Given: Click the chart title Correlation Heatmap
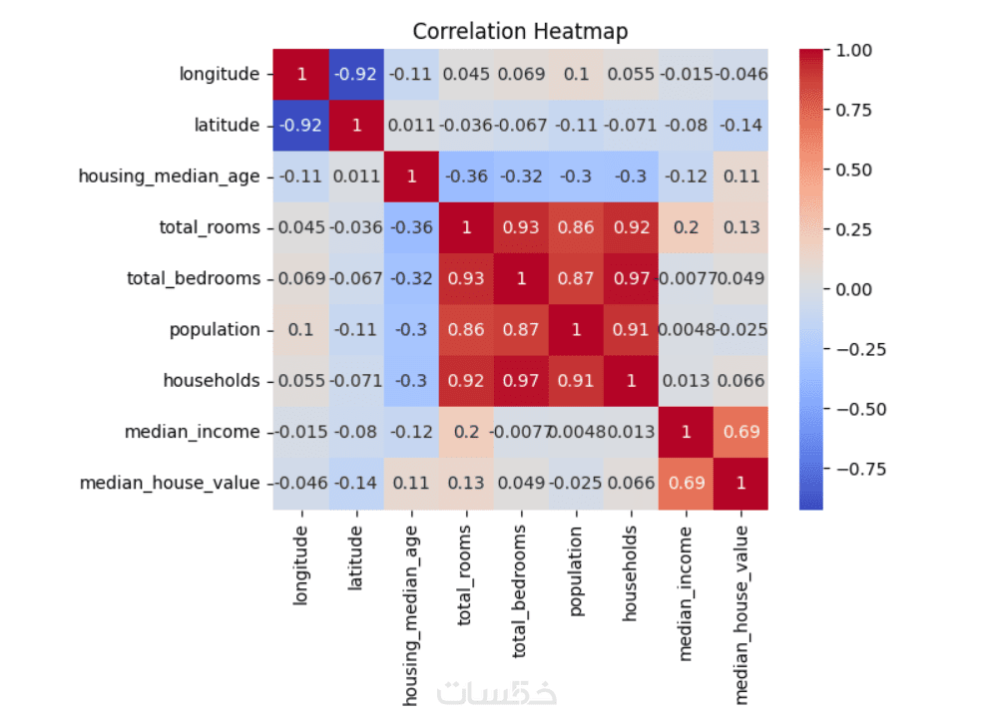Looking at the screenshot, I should coord(520,31).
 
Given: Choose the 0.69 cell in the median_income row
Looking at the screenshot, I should coord(741,432).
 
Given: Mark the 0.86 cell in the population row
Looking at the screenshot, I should coord(465,330).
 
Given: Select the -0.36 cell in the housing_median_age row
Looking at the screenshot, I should coord(465,177).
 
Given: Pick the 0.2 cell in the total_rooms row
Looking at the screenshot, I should coord(686,227).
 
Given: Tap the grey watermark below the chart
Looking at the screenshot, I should coord(498,691).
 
